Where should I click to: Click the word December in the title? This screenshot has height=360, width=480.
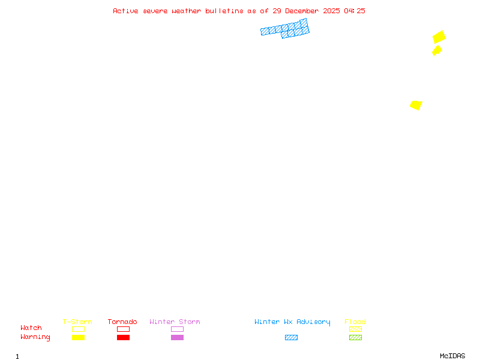point(302,11)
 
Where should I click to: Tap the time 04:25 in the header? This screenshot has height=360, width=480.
point(355,11)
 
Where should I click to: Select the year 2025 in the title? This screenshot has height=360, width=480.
point(331,11)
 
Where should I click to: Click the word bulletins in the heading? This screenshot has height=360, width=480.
point(224,11)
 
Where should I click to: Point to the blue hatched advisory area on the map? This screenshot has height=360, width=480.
point(286,28)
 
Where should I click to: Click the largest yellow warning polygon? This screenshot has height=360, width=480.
point(439,37)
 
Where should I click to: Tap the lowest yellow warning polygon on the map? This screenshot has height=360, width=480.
point(416,105)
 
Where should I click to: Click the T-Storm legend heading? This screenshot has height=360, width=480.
point(77,322)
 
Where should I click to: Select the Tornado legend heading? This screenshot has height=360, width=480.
point(122,322)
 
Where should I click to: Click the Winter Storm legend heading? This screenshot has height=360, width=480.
point(175,322)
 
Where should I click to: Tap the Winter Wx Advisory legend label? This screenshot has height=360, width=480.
point(292,322)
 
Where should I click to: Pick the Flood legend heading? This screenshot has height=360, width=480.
point(355,322)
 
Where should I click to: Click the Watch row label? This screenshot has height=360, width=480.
point(31,328)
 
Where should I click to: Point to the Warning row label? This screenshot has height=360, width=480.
point(35,337)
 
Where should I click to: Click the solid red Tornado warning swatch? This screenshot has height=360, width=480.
point(124,337)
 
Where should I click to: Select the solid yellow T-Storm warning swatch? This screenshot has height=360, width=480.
point(79,337)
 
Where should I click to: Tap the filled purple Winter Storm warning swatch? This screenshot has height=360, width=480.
point(177,337)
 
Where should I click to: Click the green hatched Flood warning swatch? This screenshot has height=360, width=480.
point(355,337)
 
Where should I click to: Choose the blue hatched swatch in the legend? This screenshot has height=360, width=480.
point(291,337)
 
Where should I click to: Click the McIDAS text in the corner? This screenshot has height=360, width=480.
point(452,356)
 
